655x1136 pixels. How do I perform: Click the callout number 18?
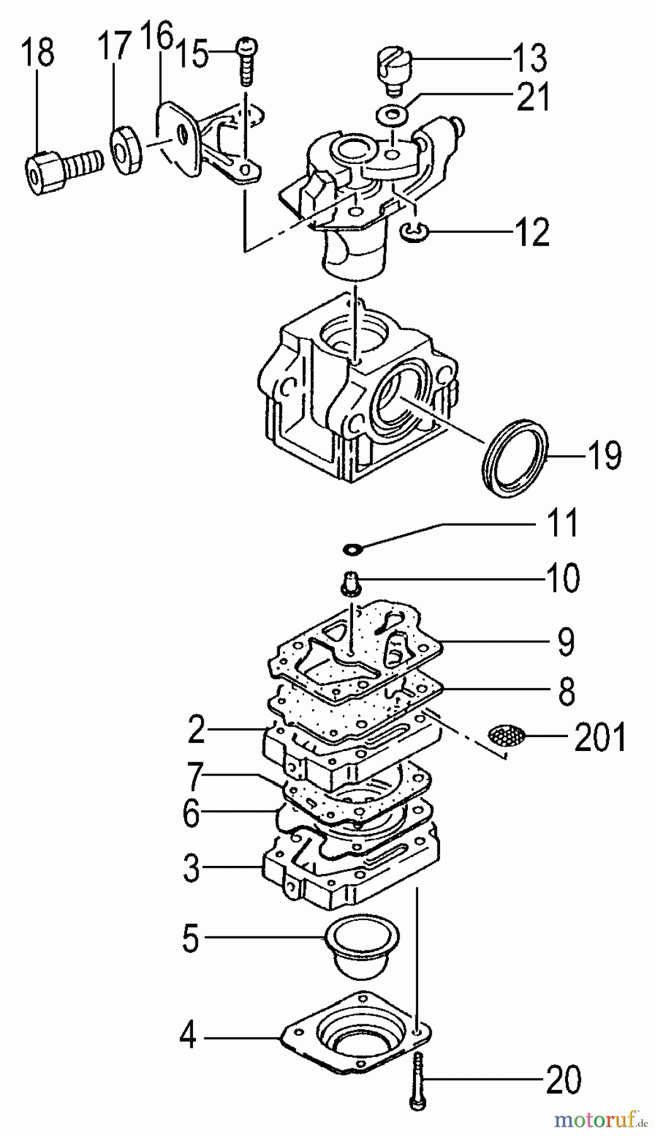pyautogui.click(x=38, y=53)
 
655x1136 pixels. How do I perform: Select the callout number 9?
pyautogui.click(x=565, y=642)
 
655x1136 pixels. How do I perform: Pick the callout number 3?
pyautogui.click(x=191, y=868)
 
